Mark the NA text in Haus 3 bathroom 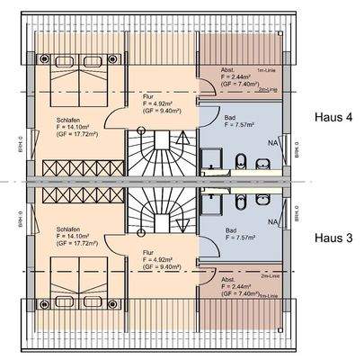(274, 219)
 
